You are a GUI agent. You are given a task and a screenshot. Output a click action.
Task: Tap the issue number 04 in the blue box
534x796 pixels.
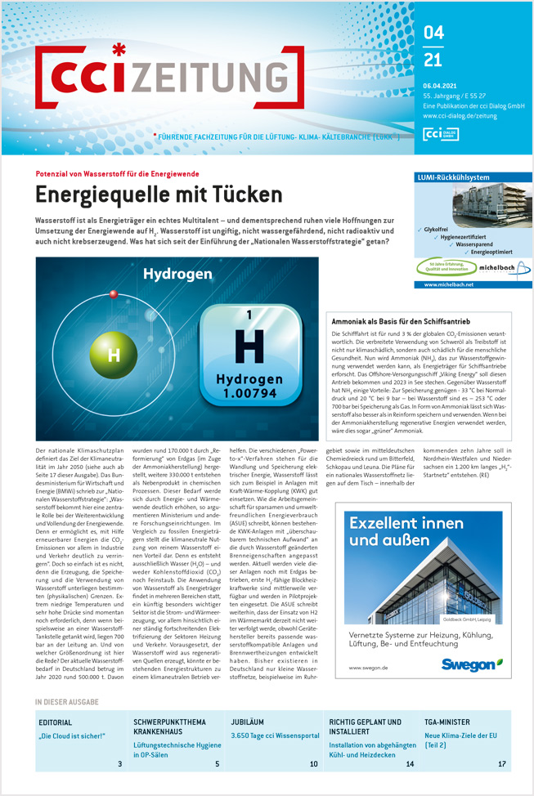point(434,33)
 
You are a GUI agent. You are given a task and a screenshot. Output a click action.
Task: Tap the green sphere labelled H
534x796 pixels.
point(114,355)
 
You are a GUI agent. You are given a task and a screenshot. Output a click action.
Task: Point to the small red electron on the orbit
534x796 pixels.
point(114,293)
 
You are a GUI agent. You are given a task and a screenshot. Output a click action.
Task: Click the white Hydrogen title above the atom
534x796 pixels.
point(177,275)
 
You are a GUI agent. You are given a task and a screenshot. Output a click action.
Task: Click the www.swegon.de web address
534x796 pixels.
point(366,668)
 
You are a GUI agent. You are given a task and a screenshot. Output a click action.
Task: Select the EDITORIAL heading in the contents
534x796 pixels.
point(56,722)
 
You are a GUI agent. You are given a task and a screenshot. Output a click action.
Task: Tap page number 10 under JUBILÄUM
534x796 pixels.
point(313,763)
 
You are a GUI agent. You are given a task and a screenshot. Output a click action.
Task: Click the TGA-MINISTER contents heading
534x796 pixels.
point(447,722)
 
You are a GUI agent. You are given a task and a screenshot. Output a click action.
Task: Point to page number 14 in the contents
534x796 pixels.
point(410,763)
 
